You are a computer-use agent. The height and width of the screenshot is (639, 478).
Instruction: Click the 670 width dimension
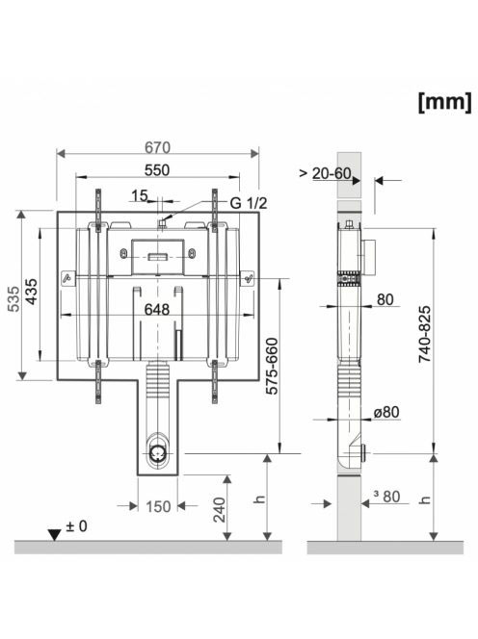[157, 147]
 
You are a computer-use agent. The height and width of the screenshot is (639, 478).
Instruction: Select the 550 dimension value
[157, 170]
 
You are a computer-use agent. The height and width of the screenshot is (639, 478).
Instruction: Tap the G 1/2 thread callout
[249, 202]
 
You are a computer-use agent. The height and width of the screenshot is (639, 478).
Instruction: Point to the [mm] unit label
[445, 102]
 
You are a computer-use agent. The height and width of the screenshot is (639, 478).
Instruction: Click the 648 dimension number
[157, 309]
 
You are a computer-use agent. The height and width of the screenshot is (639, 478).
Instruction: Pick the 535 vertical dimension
[14, 298]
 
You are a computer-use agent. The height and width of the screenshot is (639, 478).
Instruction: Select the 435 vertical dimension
[32, 291]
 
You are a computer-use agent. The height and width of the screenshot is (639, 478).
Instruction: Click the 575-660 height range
[272, 366]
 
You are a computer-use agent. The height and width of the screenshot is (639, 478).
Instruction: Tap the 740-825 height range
[425, 334]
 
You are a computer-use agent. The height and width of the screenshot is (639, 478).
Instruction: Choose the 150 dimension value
[158, 506]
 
